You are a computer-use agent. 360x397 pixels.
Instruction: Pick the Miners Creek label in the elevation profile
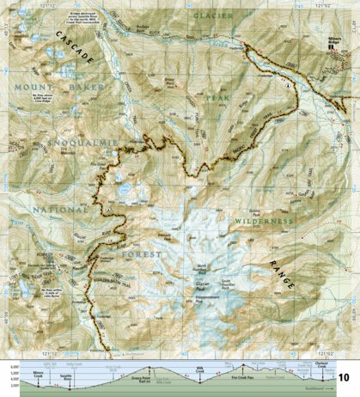click(x=37, y=374)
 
